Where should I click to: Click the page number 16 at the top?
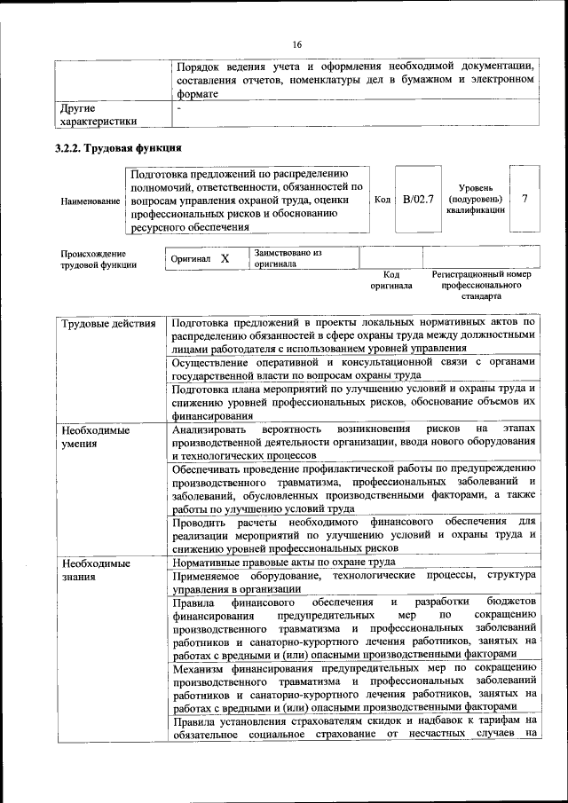(296, 45)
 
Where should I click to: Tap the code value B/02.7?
(417, 200)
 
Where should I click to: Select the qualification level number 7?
(524, 200)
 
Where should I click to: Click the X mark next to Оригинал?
(225, 258)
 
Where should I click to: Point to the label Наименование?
(91, 201)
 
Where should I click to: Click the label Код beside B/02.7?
(383, 200)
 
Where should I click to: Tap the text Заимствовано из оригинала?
(288, 258)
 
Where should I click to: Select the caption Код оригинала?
(391, 280)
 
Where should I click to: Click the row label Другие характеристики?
(98, 115)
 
